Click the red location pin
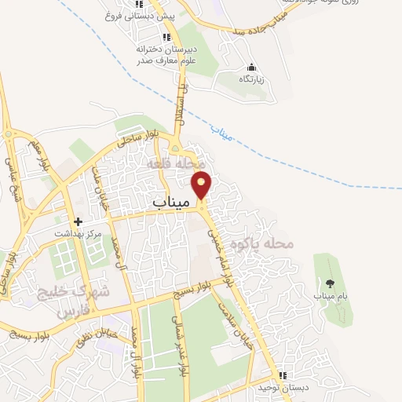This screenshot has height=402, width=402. point(203,185)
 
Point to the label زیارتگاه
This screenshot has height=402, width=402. point(250,79)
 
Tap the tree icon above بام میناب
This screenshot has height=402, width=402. point(328,283)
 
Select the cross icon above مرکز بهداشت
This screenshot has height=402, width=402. point(78,221)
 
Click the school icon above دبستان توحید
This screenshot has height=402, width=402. point(283,375)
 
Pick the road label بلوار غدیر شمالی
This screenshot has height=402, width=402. point(182,345)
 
